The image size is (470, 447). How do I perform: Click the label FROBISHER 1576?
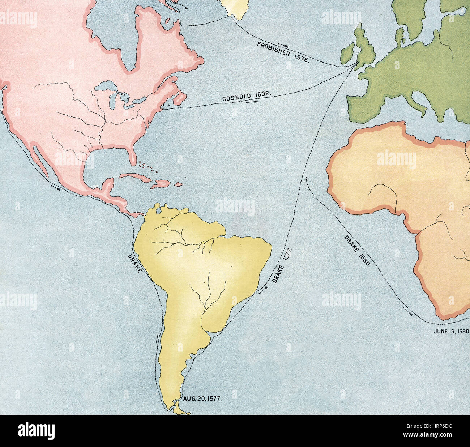pos(283,52)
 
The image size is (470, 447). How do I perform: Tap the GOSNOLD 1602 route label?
pos(246,96)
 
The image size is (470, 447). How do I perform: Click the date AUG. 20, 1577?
pos(202,398)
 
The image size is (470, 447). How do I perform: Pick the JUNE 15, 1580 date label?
pos(451,331)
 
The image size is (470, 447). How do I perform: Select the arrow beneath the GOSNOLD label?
pos(251,102)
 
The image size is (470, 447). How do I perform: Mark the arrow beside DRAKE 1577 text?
pos(263,289)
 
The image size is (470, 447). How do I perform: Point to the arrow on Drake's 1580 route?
pos(407,310)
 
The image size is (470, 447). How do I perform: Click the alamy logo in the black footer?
pos(36,431)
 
